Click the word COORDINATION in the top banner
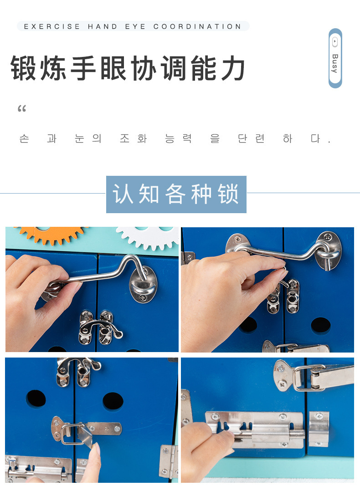click(197, 26)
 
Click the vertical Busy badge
click(335, 58)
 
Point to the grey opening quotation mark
click(22, 109)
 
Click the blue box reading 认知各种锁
click(176, 194)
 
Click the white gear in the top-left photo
click(148, 237)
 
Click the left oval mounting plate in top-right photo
click(237, 244)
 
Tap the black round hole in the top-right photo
click(320, 325)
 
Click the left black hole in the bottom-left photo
click(36, 399)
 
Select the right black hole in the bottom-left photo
click(113, 401)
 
